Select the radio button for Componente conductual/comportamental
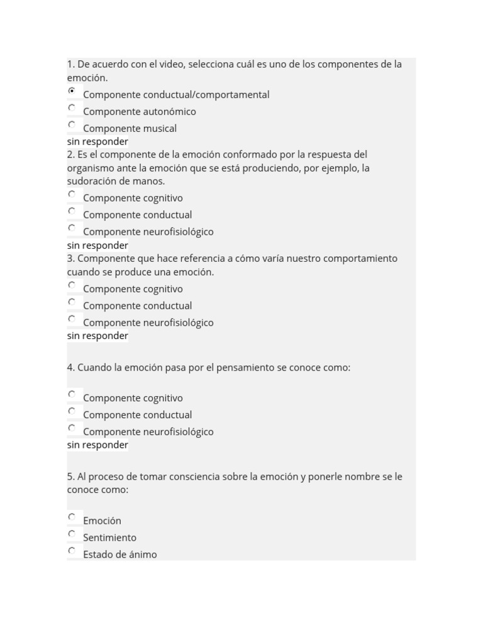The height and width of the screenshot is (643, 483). point(72,91)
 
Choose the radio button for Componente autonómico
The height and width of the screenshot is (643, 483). point(72,108)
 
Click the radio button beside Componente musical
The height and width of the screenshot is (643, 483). point(72,124)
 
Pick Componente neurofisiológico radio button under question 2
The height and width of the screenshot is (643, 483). point(72,228)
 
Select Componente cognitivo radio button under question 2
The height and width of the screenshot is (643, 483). point(72,194)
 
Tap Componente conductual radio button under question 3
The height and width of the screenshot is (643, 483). point(72,302)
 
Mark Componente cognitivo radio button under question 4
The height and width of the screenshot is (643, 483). point(72,394)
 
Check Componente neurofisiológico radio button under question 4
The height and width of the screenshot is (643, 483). point(72,428)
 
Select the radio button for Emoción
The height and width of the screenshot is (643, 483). point(72,517)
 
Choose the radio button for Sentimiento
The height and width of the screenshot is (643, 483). point(72,534)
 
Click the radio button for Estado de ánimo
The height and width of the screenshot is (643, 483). point(72,551)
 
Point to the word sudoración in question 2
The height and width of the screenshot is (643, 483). point(92,181)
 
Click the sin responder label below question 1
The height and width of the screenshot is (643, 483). point(97,142)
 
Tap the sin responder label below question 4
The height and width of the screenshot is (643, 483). point(97,445)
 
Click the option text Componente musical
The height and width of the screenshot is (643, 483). point(130,129)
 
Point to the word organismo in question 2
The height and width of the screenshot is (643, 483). point(91,168)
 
